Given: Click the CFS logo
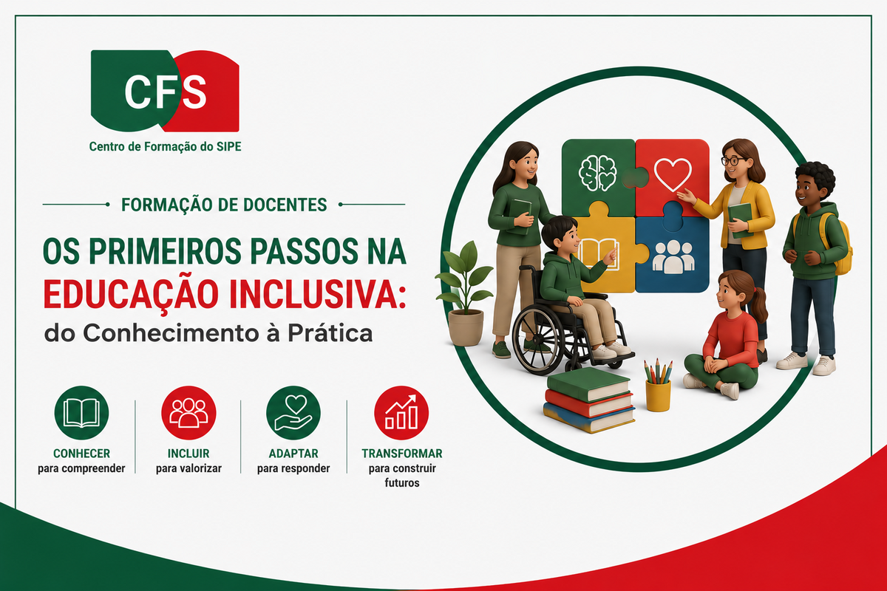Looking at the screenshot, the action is (165, 91).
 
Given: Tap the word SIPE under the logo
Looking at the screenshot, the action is (229, 146).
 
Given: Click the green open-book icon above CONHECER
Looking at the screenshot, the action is (81, 413).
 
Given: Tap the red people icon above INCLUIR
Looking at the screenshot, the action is (188, 413).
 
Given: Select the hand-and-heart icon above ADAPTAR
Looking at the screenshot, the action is (293, 413).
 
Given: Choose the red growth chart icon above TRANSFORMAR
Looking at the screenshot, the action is (401, 413).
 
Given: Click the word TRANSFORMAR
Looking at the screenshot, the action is (402, 454).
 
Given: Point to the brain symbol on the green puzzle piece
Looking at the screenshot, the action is (597, 173).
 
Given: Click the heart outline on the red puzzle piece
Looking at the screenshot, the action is (673, 174).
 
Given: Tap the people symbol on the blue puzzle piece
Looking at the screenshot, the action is (673, 256).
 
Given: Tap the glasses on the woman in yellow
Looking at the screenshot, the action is (733, 161).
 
